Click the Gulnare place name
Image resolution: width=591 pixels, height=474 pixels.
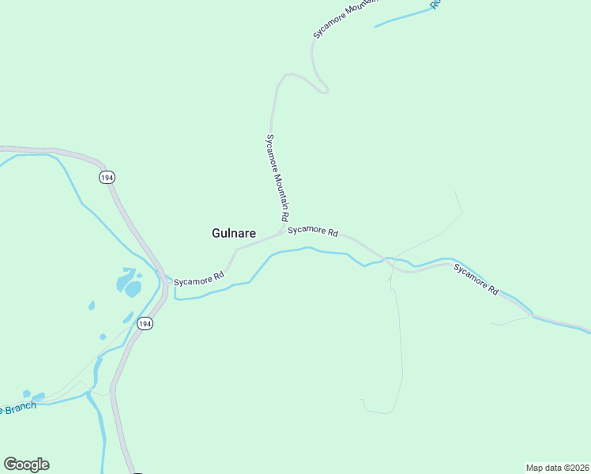click(233, 233)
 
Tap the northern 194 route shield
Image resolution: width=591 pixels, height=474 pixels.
click(107, 178)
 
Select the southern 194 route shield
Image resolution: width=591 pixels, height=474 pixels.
click(144, 324)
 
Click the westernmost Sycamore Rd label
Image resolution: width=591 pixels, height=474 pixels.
click(199, 280)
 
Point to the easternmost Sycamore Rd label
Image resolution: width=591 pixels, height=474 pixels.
click(476, 279)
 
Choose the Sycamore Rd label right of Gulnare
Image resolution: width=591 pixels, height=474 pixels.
click(313, 231)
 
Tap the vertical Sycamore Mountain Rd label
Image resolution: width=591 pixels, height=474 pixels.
click(277, 177)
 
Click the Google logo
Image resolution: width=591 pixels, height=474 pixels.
click(26, 465)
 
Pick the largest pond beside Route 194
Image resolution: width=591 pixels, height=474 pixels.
click(131, 288)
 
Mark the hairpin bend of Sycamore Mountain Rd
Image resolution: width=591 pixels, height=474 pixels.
click(324, 91)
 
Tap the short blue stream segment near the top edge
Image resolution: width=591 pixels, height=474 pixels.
click(403, 17)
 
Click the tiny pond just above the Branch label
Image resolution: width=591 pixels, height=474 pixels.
click(27, 393)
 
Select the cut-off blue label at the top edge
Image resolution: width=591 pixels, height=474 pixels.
click(435, 4)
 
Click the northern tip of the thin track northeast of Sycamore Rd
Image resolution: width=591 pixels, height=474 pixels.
click(455, 191)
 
